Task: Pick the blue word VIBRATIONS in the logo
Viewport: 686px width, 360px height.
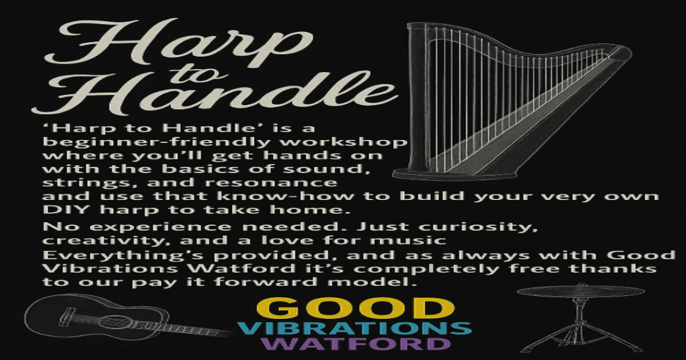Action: tap(354, 329)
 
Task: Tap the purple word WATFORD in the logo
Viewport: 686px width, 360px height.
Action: tap(354, 344)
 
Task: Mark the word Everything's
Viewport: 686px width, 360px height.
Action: tap(103, 254)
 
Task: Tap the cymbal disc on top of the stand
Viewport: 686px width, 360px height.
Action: tap(580, 291)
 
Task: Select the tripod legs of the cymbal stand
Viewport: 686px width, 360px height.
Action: tap(580, 337)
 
